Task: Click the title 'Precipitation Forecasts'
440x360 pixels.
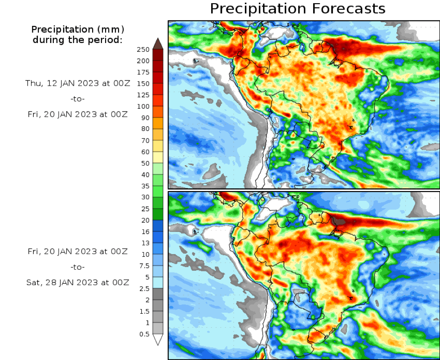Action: coord(297,8)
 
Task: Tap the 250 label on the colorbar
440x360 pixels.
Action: coord(144,50)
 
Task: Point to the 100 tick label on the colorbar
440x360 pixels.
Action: coord(144,106)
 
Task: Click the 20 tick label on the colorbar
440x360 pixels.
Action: coord(145,220)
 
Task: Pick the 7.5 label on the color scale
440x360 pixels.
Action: coord(145,266)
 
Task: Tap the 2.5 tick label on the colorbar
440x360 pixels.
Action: coord(145,289)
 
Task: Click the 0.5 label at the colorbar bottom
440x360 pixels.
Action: coord(145,334)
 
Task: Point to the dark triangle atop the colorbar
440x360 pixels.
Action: coord(157,43)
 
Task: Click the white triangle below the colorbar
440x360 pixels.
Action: coord(157,340)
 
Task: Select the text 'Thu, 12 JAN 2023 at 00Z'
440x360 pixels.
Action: coord(77,83)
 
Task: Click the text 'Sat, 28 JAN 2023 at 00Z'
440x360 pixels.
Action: coord(77,282)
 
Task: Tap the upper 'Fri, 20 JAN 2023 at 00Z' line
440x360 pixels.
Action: coord(77,114)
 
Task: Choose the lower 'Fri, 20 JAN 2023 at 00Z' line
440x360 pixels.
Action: coord(77,251)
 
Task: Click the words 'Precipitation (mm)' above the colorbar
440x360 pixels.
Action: coord(77,29)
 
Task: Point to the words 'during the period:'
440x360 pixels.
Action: coord(77,40)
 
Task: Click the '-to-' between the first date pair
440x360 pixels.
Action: coord(77,99)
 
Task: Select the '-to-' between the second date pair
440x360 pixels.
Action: coord(77,267)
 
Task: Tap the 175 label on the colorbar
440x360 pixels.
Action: coord(144,72)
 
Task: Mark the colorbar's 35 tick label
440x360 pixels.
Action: coord(145,186)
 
